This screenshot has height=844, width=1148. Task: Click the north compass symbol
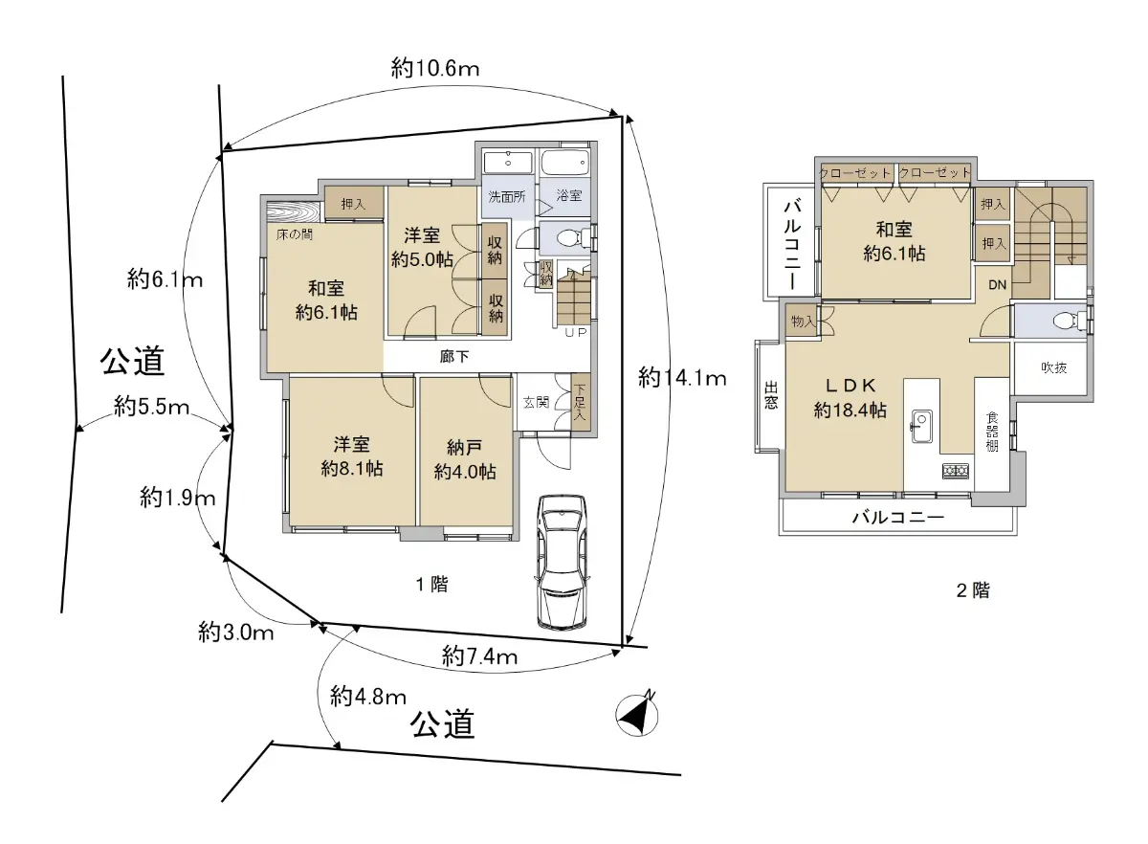637,715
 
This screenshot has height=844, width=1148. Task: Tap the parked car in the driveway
562,562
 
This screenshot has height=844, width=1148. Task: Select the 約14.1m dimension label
682,379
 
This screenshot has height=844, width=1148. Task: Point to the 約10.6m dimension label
435,68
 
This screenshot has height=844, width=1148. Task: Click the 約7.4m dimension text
479,656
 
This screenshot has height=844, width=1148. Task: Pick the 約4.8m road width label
368,697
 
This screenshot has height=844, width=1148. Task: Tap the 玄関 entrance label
536,403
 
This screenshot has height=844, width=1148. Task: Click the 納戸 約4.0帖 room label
465,460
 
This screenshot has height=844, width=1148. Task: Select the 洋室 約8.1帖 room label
352,456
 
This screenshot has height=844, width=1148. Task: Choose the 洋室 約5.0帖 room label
422,248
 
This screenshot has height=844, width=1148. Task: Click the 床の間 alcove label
295,234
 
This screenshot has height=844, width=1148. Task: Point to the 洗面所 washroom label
507,196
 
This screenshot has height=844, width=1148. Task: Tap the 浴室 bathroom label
569,195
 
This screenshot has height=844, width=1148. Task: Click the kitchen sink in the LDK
921,427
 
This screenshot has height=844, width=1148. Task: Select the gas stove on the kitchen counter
956,470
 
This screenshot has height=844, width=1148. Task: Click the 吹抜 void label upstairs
1054,367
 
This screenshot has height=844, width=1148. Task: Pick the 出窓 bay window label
771,395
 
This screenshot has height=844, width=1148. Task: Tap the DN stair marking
997,284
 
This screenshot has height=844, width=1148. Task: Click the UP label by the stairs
576,333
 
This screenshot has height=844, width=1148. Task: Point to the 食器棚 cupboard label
992,432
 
